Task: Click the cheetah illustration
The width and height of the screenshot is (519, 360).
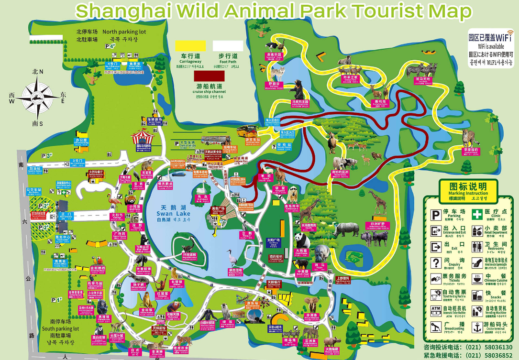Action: pos(471,139)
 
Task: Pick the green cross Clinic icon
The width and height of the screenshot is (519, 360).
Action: pos(477,214)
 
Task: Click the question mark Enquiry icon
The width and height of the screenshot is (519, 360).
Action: pos(436,262)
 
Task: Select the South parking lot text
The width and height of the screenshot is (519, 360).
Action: pos(60,329)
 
